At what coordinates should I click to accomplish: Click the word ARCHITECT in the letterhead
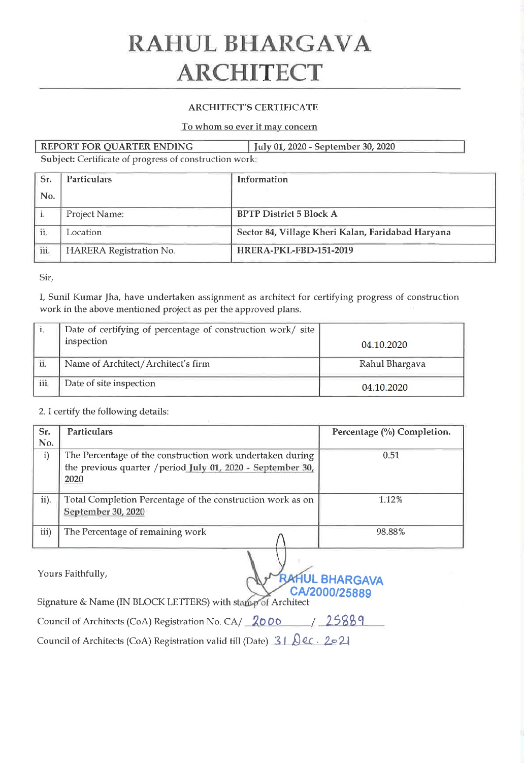[249, 73]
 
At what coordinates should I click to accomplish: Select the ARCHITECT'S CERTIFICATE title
[253, 107]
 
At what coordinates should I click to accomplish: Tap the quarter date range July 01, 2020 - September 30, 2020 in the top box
[324, 147]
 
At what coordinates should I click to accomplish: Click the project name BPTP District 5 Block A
[287, 214]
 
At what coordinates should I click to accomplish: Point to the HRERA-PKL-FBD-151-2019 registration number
[295, 250]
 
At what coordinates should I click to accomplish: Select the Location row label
[84, 232]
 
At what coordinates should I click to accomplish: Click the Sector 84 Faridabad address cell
[343, 232]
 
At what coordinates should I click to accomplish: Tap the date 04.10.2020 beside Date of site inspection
[384, 388]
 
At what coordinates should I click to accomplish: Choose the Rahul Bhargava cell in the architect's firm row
[392, 364]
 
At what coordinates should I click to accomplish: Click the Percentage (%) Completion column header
[391, 432]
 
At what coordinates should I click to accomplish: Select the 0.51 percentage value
[391, 455]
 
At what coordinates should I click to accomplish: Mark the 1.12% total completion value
[390, 500]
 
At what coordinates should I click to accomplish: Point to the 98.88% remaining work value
[390, 532]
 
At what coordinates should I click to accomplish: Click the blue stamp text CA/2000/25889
[331, 592]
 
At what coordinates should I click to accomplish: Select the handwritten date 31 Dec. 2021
[311, 641]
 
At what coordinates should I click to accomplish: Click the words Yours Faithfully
[72, 574]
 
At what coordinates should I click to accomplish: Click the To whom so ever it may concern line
[249, 126]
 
